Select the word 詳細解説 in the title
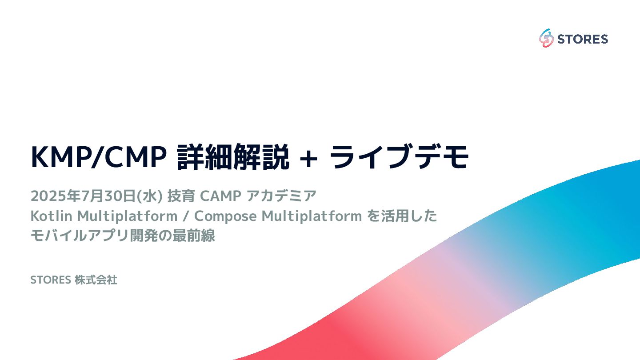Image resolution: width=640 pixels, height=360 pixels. point(232,157)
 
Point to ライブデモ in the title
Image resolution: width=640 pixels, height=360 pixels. point(400,157)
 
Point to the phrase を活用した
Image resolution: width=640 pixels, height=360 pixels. point(402,216)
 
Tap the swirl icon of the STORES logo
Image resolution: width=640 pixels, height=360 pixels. point(546,39)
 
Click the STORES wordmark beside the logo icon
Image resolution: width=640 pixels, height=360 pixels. point(582,39)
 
